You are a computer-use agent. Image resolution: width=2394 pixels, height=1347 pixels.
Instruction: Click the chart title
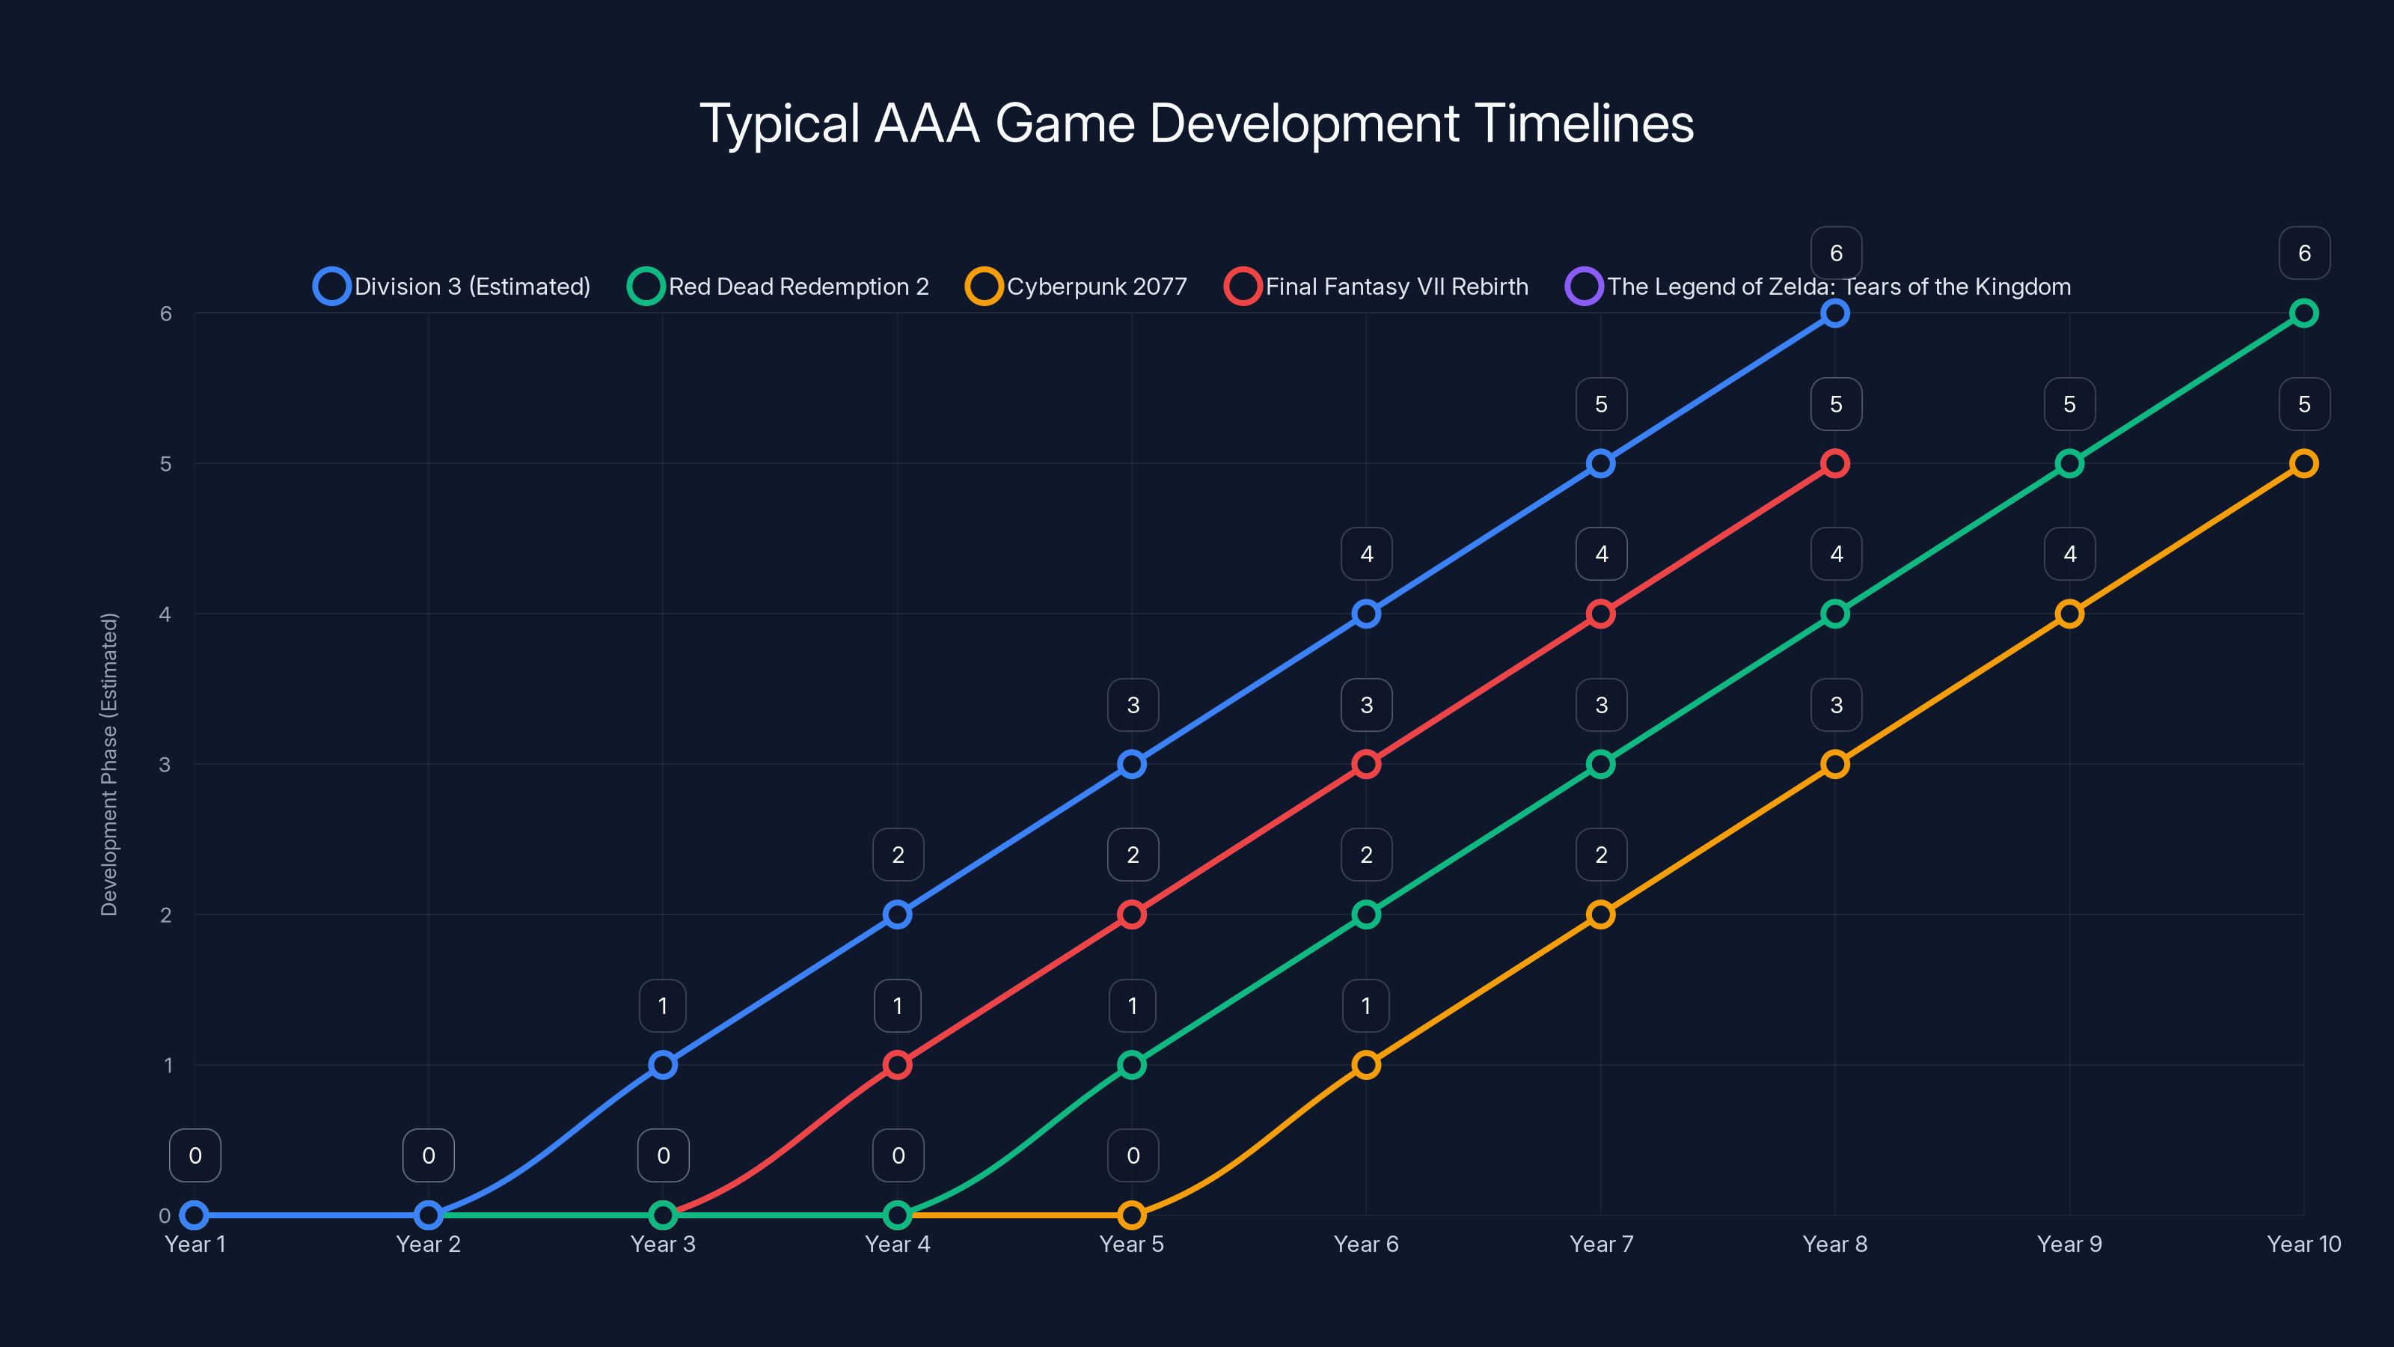tap(1196, 123)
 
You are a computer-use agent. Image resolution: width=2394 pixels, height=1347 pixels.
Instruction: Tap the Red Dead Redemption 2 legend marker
tap(646, 287)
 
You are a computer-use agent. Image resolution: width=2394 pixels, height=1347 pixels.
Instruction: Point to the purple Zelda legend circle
tap(1584, 287)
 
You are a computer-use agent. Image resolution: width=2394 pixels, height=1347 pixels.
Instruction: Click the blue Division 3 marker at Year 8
tap(1834, 314)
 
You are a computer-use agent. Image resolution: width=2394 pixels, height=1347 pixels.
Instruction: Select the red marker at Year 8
tap(1834, 463)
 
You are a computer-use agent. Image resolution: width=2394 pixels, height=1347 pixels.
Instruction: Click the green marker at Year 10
tap(2303, 314)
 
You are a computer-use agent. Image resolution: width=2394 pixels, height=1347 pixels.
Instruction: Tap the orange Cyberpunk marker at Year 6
tap(1366, 1064)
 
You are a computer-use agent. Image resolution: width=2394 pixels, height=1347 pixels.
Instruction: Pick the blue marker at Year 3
tap(663, 1064)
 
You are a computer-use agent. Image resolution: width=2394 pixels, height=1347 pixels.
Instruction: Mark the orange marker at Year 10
tap(2303, 463)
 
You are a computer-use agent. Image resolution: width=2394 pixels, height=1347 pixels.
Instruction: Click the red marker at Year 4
tap(897, 1064)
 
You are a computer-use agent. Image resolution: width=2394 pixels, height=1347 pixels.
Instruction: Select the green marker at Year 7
tap(1600, 764)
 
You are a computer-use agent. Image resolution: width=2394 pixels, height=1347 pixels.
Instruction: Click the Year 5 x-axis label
tap(1131, 1244)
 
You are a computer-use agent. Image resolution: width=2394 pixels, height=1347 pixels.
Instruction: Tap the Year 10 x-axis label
tap(2303, 1244)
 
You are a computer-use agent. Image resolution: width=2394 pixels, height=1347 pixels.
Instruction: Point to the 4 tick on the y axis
tap(165, 614)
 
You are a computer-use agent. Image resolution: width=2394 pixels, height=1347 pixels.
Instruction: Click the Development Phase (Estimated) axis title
tap(110, 764)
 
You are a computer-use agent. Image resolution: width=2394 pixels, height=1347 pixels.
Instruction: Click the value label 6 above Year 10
tap(2304, 253)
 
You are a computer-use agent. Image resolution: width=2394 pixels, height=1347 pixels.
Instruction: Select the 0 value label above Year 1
tap(195, 1155)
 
